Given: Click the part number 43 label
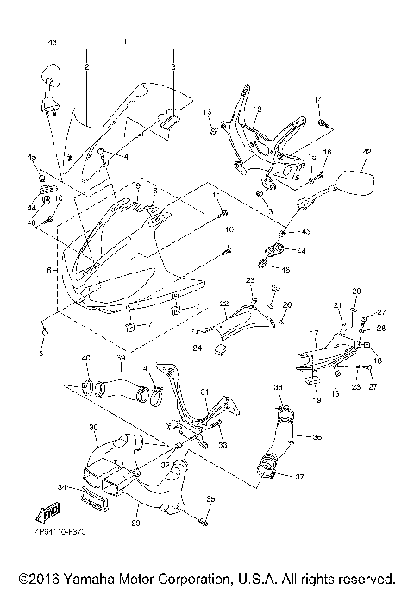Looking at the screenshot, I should pos(51,42).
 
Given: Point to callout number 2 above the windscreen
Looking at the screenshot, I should pos(87,66).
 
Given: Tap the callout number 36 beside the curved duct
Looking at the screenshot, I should pos(317,437).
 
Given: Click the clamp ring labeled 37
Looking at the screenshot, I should pos(268,471).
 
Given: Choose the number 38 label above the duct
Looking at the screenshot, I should pos(278,388).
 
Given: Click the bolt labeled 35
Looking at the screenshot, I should pos(204,522).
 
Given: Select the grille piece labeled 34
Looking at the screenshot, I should pos(92,498).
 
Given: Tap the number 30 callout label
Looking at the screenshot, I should pos(92,428).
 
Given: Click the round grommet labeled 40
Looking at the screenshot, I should pos(87,383).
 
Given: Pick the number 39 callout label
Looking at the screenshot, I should pos(121,357).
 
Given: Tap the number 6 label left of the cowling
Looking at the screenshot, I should pos(48,270).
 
